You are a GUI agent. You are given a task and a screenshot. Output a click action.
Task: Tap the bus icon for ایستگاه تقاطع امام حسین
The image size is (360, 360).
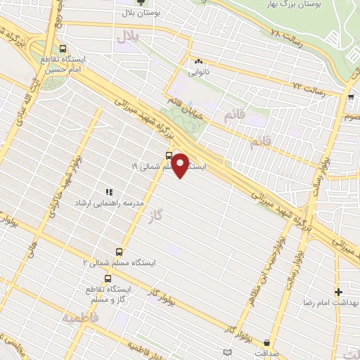[65, 49]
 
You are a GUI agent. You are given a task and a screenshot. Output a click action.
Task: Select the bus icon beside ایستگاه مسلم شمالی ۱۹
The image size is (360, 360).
[169, 155]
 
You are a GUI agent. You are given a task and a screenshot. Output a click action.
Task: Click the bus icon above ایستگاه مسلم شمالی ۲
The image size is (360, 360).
[118, 251]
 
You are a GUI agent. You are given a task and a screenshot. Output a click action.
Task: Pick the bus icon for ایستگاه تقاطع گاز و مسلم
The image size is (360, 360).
[107, 278]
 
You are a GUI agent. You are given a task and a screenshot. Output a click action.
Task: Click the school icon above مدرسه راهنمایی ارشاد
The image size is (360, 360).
[108, 191]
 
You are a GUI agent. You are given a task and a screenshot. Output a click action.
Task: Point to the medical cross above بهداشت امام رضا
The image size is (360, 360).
[339, 291]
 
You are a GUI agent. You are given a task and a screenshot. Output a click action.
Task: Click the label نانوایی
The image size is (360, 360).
[198, 71]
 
